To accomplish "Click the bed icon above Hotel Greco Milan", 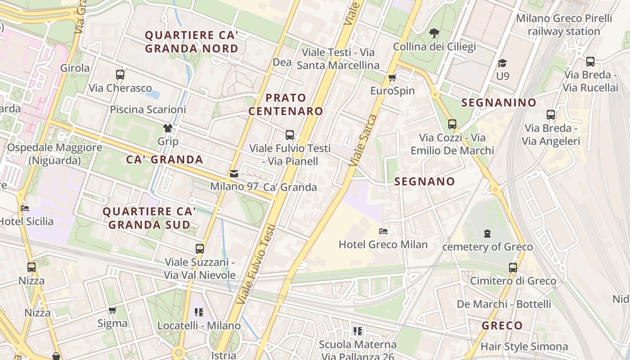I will [x=383, y=231].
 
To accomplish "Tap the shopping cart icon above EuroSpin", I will [x=392, y=78].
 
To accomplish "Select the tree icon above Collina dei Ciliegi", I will [x=434, y=33].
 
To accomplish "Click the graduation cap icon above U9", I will [x=502, y=63].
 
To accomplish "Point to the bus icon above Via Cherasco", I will [x=120, y=74].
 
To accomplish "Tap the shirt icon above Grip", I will [x=168, y=128].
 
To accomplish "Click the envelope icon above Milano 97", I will [x=234, y=173].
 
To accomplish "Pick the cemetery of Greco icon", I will [x=487, y=234].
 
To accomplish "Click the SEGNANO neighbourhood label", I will [x=424, y=182].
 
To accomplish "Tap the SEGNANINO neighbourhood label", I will [x=499, y=103].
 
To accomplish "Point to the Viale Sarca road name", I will [x=365, y=139].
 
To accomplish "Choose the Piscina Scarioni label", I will [x=148, y=109].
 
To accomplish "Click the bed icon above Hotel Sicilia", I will [x=25, y=208].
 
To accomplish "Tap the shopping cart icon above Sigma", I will [x=112, y=310].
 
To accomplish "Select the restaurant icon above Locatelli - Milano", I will [x=199, y=312].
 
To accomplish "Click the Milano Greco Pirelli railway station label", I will [x=564, y=25].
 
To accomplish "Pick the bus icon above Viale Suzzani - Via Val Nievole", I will [x=199, y=248].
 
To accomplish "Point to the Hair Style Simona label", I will [x=524, y=346].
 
